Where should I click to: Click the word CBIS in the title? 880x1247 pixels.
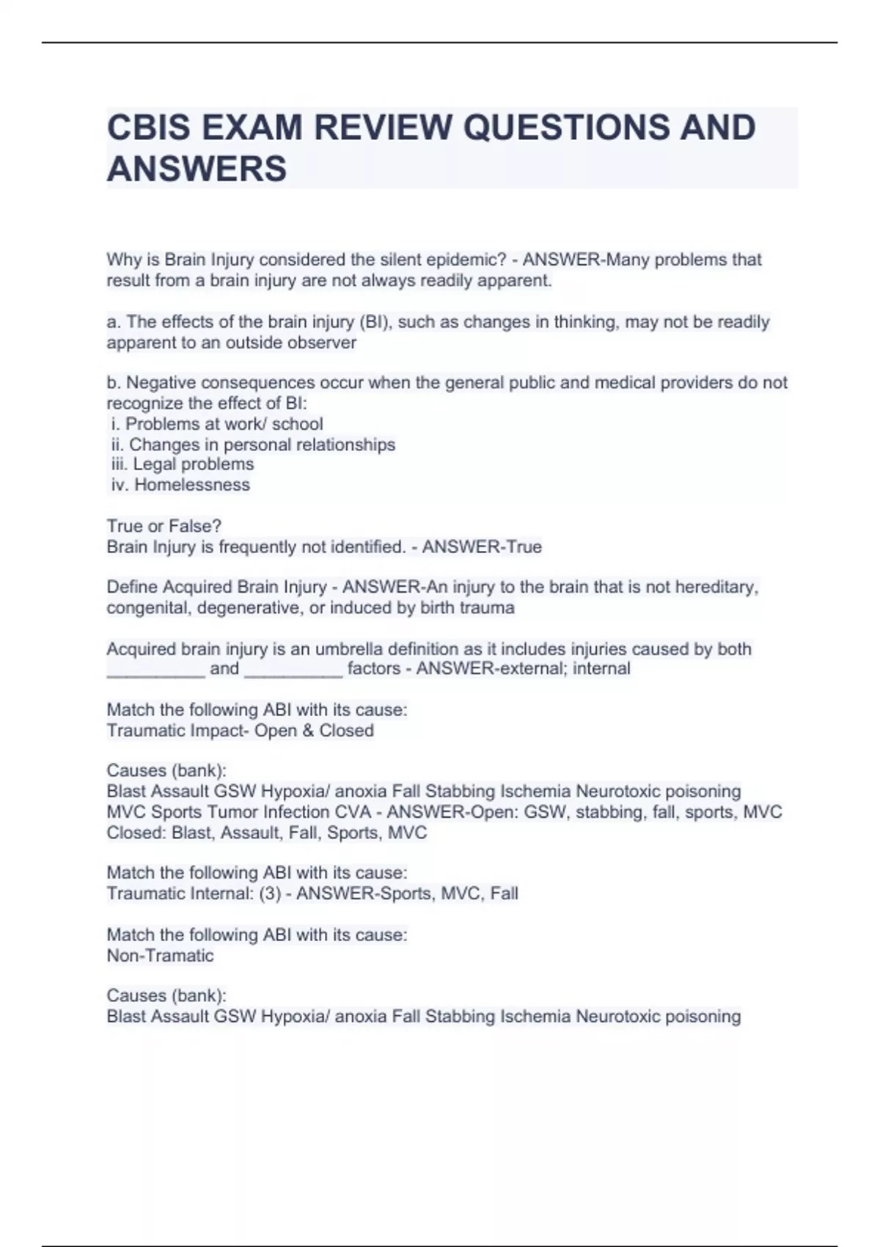(x=148, y=128)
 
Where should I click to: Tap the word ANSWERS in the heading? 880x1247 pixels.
(x=197, y=169)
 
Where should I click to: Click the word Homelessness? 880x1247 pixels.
(x=192, y=485)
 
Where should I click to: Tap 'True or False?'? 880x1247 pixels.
(x=164, y=526)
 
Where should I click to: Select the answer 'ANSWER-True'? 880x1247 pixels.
(x=482, y=547)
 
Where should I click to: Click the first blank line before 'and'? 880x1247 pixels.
(x=155, y=670)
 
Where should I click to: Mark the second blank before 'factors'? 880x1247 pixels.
(x=293, y=670)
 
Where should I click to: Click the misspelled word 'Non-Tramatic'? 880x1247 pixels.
(x=160, y=956)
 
